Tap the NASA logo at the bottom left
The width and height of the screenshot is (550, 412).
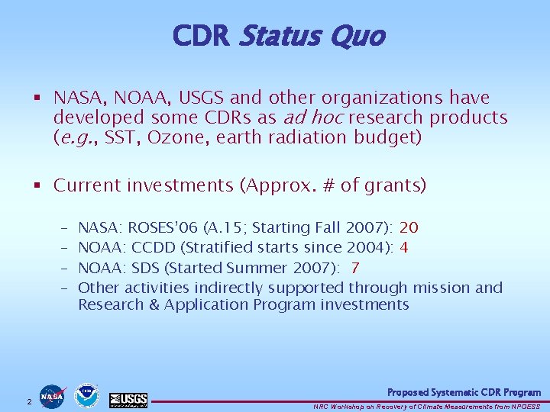click(x=53, y=396)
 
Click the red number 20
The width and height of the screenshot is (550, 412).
click(x=409, y=228)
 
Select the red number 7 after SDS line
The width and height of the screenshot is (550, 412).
click(x=355, y=268)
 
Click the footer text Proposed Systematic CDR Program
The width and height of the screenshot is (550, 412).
click(x=464, y=392)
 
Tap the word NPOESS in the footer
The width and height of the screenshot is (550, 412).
click(x=525, y=405)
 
